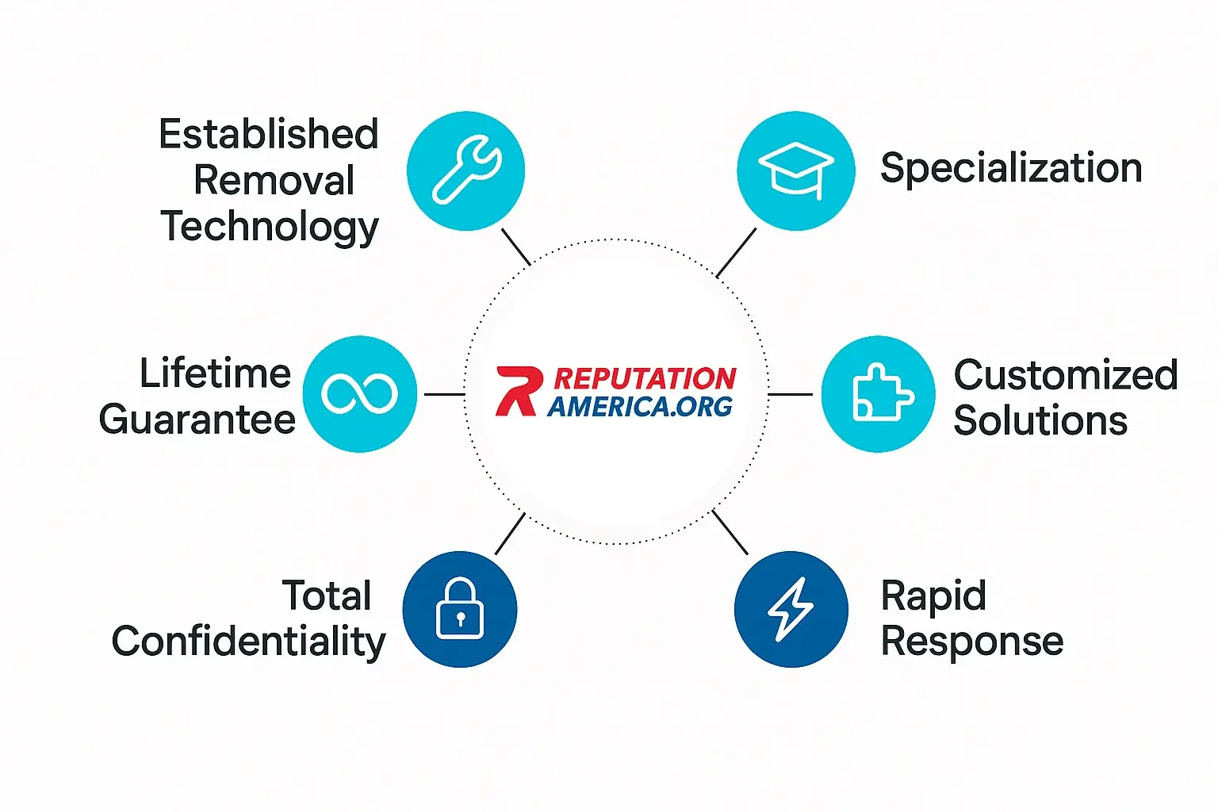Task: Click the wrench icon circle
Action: pos(466,170)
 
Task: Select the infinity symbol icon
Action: pos(359,394)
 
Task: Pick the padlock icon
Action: pos(460,607)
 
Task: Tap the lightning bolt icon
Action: pos(791,609)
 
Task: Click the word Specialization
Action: pos(1011,169)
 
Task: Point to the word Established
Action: pos(269,134)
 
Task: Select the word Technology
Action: pos(270,228)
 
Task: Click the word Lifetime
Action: pos(216,373)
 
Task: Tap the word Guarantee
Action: pos(197,419)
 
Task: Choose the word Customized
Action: pos(1067,375)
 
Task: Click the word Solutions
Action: pos(1040,420)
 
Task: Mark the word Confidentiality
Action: pos(248,642)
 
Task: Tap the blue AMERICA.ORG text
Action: pos(640,406)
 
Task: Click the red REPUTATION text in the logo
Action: pos(645,378)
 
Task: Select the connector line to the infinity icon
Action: pos(445,394)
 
